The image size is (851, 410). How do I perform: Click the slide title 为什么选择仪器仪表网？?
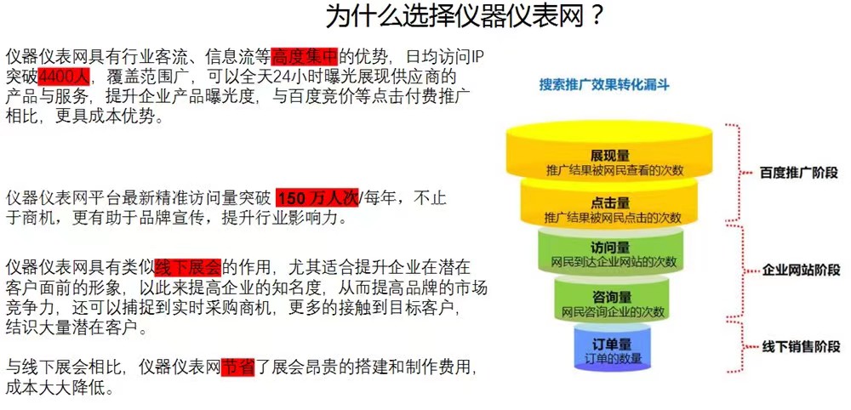click(465, 17)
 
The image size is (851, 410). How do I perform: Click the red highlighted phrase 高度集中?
click(305, 55)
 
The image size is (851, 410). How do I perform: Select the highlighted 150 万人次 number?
click(317, 198)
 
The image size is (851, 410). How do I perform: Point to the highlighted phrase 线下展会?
click(188, 267)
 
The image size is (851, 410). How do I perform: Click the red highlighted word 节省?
click(238, 367)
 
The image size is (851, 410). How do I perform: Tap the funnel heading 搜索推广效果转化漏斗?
click(604, 85)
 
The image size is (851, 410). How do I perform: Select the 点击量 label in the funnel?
click(610, 203)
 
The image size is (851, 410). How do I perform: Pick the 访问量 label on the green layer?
click(610, 248)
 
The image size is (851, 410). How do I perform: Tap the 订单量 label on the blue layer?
click(611, 345)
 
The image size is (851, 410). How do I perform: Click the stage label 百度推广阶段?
click(798, 174)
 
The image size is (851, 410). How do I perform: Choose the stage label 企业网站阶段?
click(801, 270)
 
